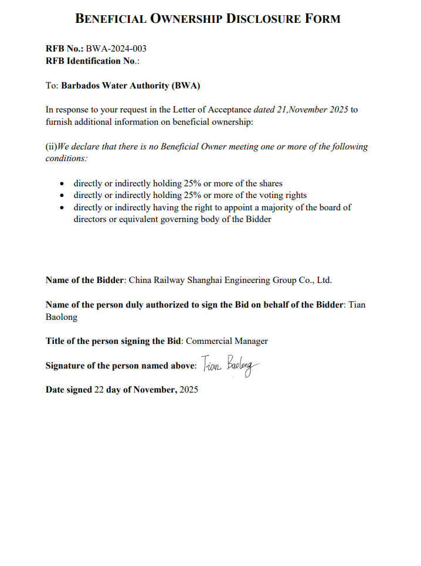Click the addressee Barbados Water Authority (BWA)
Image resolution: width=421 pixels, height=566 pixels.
click(131, 86)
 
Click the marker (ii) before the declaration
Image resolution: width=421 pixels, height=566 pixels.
click(51, 146)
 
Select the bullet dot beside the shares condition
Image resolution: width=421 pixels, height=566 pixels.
click(62, 183)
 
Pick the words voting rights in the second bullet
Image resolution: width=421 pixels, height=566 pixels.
click(280, 195)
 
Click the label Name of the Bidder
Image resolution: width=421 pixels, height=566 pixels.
click(85, 280)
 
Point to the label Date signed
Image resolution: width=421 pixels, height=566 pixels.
click(69, 389)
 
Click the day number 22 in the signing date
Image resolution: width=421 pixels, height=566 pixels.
click(99, 389)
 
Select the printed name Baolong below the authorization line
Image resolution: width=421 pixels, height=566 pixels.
click(62, 317)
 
